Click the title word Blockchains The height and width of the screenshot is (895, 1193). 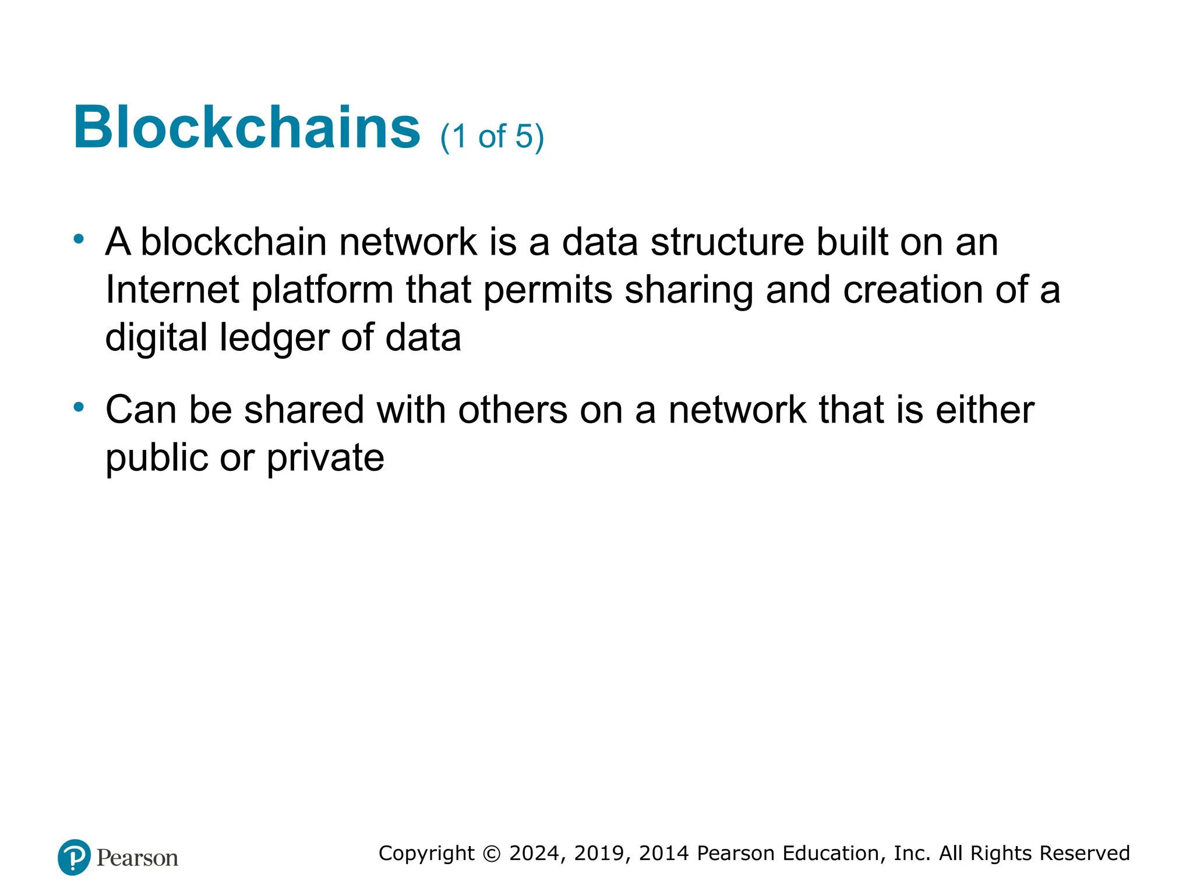pos(246,128)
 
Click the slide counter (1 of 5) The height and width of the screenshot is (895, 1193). pos(492,137)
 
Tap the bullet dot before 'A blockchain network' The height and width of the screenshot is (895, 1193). pos(79,239)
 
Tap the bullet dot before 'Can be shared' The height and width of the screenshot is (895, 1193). pos(79,407)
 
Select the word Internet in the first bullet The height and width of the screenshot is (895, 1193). pos(172,290)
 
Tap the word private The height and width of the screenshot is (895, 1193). pos(326,459)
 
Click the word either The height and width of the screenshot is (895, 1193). pos(985,410)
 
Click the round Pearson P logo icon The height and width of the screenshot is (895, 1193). pos(74,857)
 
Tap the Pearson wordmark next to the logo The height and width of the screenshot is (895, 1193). pos(137,858)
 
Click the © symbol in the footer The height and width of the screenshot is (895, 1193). pos(492,854)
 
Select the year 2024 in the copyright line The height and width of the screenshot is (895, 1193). pos(534,853)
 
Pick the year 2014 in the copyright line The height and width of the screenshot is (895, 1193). pos(664,853)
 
